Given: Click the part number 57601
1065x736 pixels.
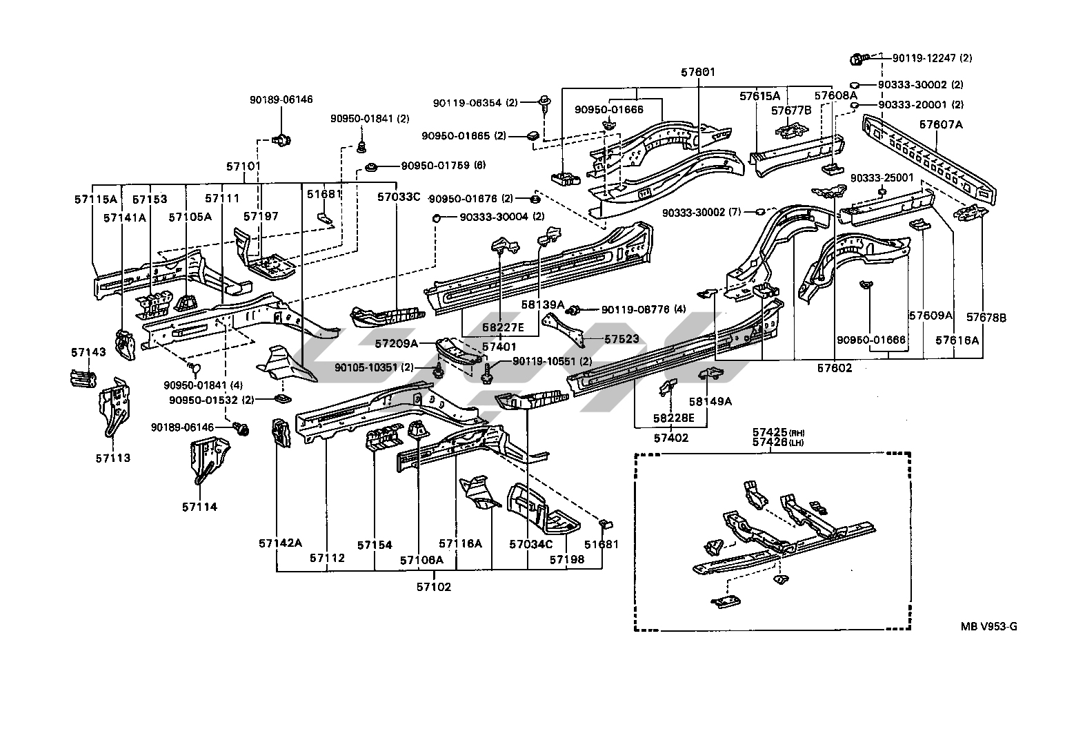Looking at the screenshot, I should (698, 72).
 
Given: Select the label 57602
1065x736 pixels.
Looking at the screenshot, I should (835, 368).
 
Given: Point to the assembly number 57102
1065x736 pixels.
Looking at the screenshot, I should (433, 587).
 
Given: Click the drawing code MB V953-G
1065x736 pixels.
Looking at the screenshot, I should (989, 626).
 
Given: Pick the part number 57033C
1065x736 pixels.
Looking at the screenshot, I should (398, 196).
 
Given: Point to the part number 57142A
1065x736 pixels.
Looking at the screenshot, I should (281, 543).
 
